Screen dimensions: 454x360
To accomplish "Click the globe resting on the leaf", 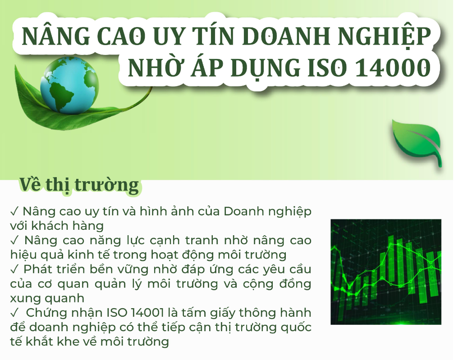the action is click(x=69, y=85).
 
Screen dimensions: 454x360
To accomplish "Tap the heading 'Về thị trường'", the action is click(x=79, y=185).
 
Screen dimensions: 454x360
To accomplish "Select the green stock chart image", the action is click(x=386, y=272).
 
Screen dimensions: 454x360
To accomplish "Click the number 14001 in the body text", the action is click(x=147, y=313).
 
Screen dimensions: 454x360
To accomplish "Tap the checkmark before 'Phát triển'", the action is click(x=14, y=269).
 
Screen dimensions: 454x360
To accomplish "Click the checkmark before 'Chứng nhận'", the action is click(x=14, y=313).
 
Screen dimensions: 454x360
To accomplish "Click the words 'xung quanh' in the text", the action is click(x=47, y=298).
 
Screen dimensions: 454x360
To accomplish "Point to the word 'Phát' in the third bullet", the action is click(x=35, y=269).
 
